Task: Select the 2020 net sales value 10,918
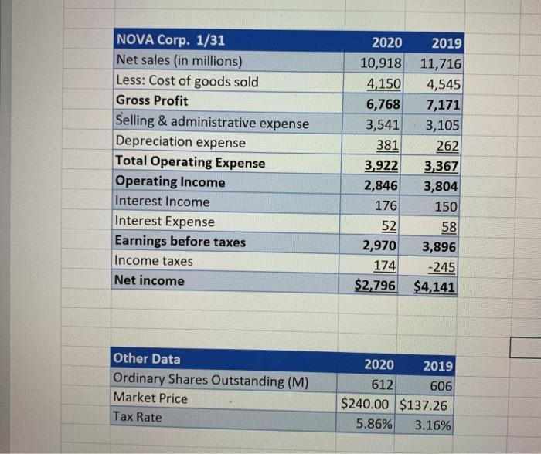tap(379, 62)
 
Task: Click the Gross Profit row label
tap(151, 101)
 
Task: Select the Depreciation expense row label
tap(180, 142)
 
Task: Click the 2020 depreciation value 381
tap(387, 144)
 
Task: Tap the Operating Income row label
tap(170, 182)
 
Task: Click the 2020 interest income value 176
tap(386, 205)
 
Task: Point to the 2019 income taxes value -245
tap(444, 267)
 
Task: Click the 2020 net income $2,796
tap(375, 286)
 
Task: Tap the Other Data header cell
tap(147, 359)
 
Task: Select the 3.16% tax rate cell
tap(434, 424)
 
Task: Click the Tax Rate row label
tap(138, 417)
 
